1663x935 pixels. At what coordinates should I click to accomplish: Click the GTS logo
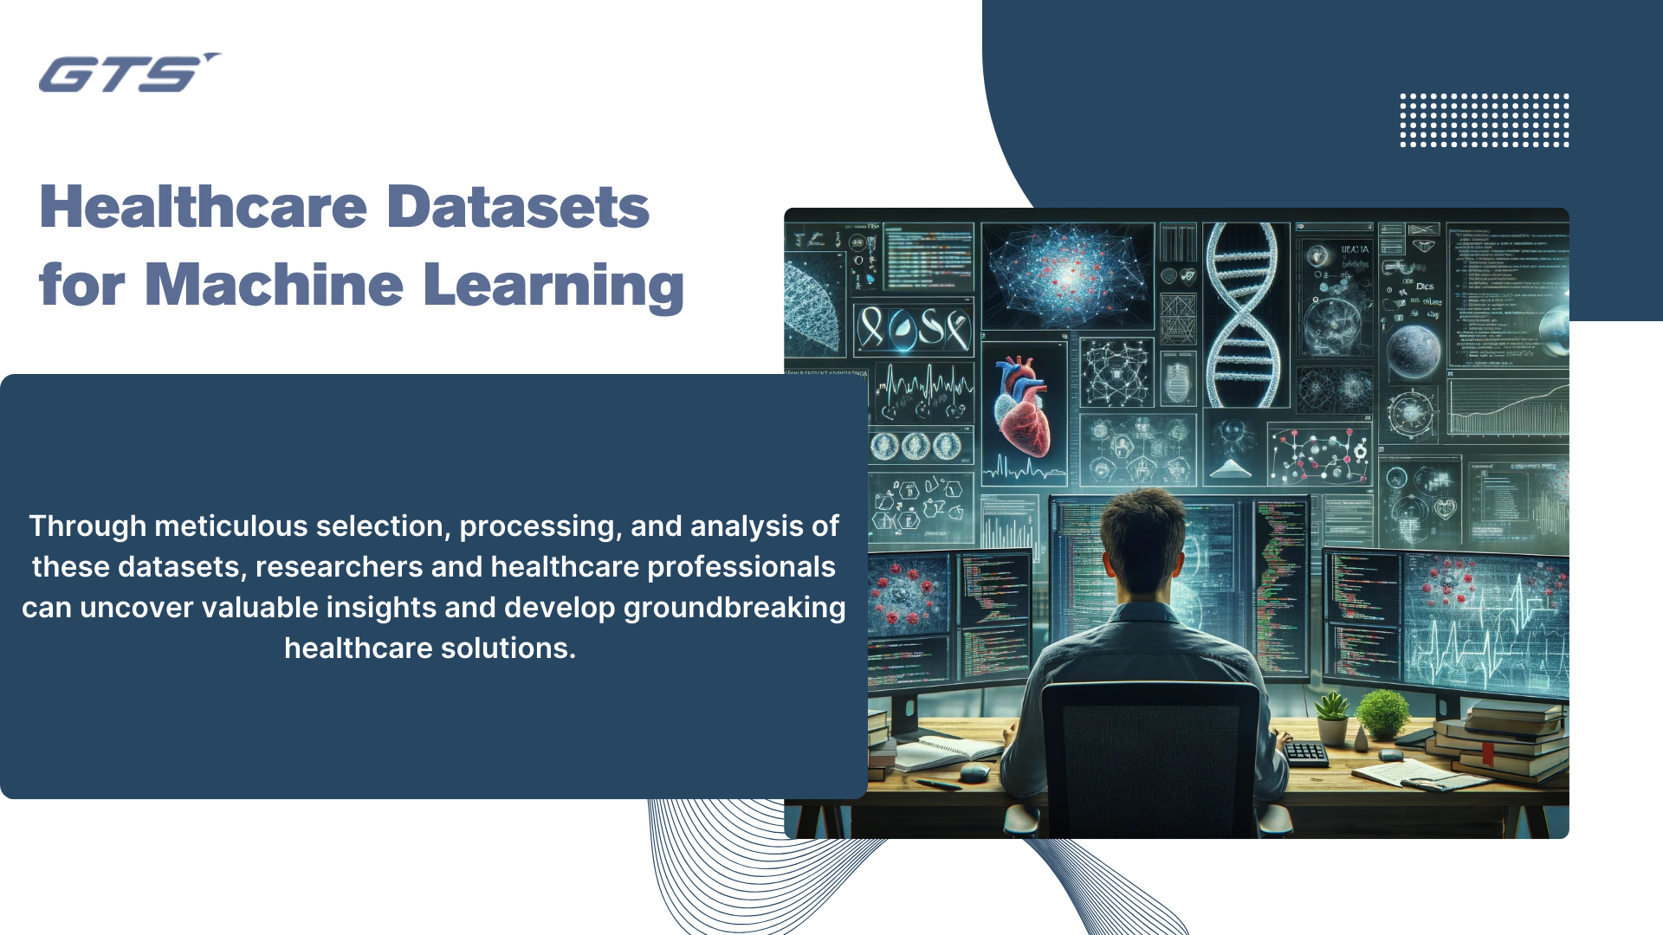point(128,74)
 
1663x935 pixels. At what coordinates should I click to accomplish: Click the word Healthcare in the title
point(204,208)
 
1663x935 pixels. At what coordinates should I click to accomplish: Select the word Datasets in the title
point(517,208)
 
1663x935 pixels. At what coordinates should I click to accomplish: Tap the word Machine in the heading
point(274,286)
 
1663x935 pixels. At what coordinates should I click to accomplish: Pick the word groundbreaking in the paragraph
point(734,608)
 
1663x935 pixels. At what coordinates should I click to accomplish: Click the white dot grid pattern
point(1484,120)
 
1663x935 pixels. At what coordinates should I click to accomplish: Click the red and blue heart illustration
point(1022,407)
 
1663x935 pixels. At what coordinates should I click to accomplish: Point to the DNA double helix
point(1245,315)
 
